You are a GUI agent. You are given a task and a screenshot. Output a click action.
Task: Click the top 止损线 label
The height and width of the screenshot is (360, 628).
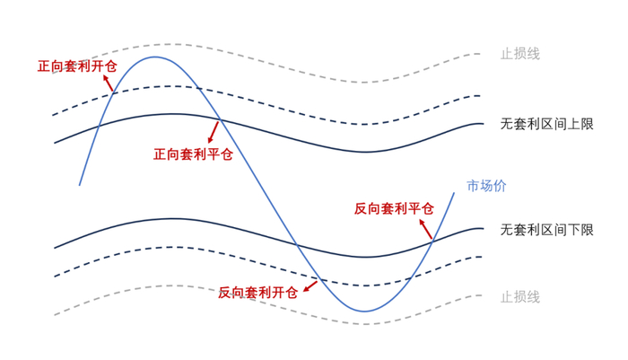pyautogui.click(x=520, y=54)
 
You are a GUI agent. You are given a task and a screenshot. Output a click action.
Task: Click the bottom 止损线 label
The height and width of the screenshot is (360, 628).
pyautogui.click(x=520, y=296)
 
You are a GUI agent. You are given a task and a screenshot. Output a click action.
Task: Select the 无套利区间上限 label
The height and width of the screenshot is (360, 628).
pyautogui.click(x=546, y=125)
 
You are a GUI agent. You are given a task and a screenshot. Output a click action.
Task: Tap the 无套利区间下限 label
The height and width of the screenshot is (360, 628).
pyautogui.click(x=546, y=230)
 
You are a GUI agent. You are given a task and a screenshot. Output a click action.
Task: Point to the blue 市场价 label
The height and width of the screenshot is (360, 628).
pyautogui.click(x=486, y=187)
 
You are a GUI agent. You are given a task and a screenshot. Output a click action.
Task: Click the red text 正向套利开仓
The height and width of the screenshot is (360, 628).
pyautogui.click(x=76, y=66)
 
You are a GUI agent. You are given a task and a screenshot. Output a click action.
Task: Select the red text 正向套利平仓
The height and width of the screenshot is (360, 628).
pyautogui.click(x=193, y=154)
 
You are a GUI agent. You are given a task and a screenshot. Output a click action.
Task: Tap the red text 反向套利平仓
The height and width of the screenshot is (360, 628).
pyautogui.click(x=394, y=208)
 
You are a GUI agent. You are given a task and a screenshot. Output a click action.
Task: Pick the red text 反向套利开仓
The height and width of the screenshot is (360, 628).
pyautogui.click(x=257, y=293)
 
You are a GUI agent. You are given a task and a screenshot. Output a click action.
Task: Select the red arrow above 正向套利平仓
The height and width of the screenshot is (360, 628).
pyautogui.click(x=214, y=133)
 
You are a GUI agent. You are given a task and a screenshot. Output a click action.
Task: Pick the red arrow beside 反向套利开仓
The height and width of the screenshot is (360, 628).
pyautogui.click(x=310, y=286)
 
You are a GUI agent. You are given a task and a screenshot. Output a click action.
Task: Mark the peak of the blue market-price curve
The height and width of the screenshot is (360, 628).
pyautogui.click(x=155, y=57)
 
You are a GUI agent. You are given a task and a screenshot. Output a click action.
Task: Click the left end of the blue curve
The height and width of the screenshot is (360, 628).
pyautogui.click(x=80, y=185)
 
